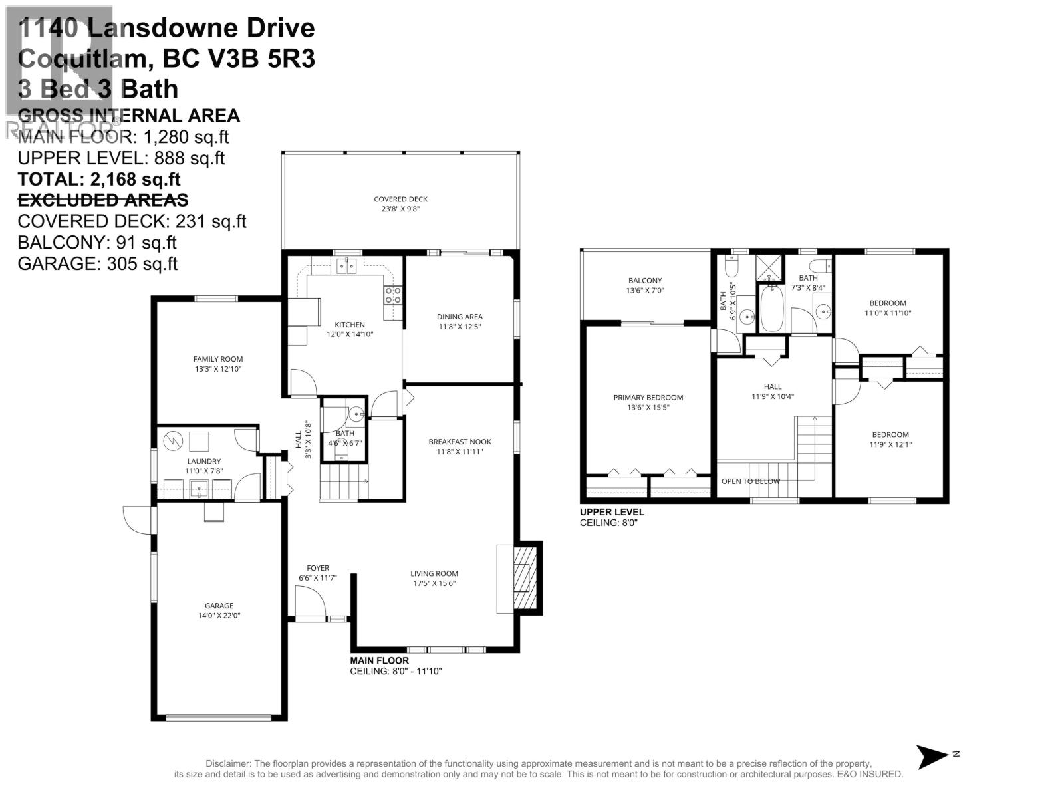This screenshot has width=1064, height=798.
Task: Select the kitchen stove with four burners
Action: (393, 295)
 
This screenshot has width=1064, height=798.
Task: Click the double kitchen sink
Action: (346, 266)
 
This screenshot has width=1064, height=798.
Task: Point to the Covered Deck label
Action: (400, 203)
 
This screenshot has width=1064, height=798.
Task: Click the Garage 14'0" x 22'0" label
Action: (219, 610)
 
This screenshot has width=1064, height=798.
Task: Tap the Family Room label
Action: (218, 364)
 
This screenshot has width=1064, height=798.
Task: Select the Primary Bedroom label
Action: (648, 402)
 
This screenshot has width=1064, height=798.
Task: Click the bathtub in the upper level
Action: (772, 308)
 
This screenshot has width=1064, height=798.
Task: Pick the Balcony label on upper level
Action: (644, 285)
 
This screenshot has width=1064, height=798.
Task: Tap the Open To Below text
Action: (751, 481)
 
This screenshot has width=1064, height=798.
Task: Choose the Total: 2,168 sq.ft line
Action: (99, 179)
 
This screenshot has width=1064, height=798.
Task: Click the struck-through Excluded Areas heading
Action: (102, 200)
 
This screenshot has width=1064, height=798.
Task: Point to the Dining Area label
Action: (460, 321)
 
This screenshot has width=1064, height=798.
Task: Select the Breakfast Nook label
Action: (460, 446)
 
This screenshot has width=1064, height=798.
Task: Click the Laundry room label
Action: (203, 465)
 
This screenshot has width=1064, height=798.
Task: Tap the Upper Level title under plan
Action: (612, 512)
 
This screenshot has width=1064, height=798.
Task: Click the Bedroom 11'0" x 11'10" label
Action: (888, 307)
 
